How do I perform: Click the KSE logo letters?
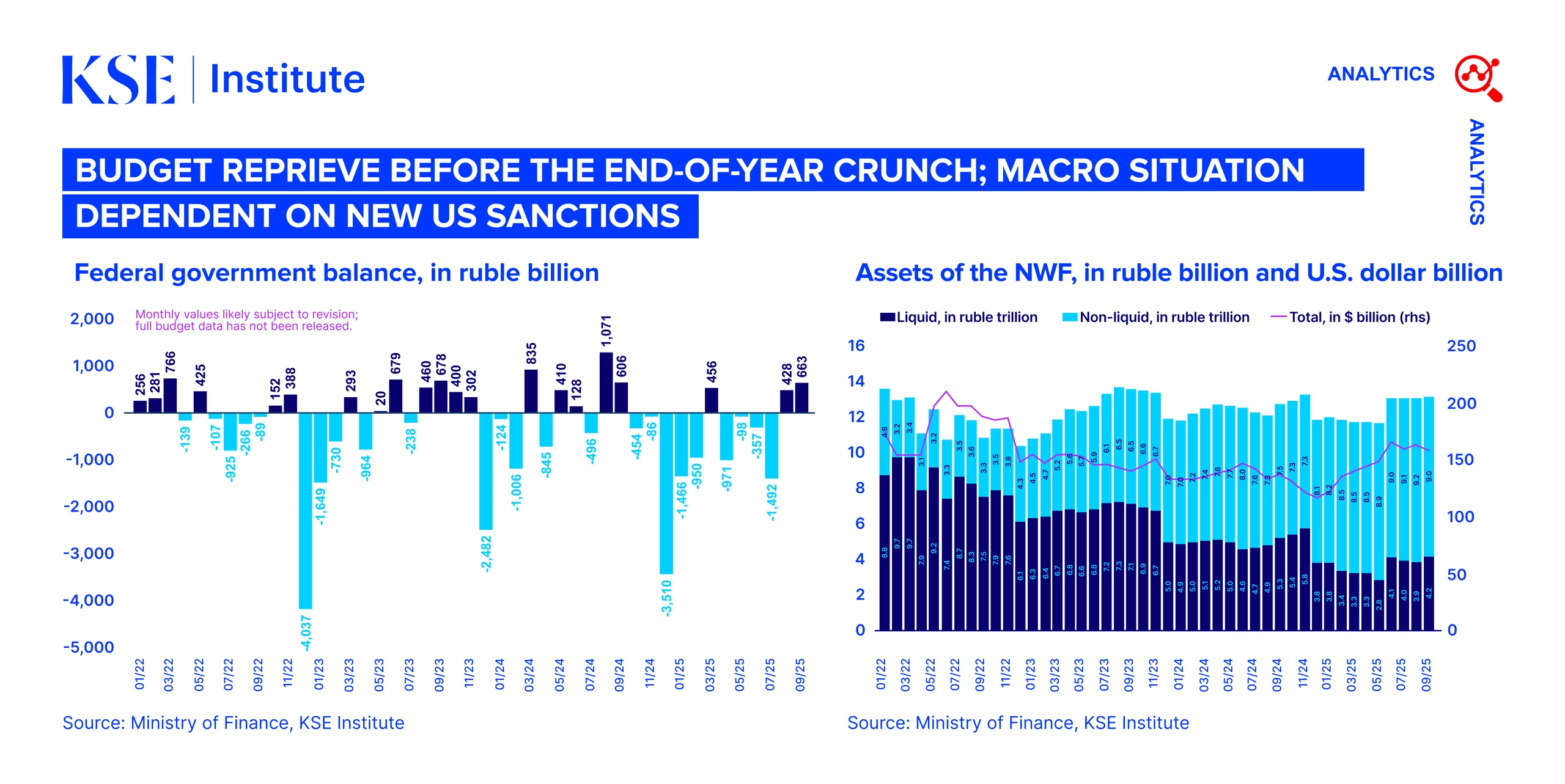tap(119, 79)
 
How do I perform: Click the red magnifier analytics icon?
tap(1478, 78)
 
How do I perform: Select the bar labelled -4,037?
tap(305, 510)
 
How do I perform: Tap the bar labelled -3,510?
tap(666, 493)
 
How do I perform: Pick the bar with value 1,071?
tap(606, 383)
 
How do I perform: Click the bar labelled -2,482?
tap(485, 471)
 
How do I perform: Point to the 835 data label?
tap(531, 354)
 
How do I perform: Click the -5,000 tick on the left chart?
tap(89, 647)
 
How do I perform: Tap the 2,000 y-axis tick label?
tap(92, 318)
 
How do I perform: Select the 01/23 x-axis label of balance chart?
tap(319, 674)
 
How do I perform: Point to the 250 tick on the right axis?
tap(1460, 346)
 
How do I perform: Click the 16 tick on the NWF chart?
tap(856, 346)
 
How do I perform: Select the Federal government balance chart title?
tap(336, 273)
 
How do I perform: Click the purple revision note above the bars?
tap(246, 320)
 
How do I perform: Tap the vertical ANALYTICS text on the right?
tap(1476, 172)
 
